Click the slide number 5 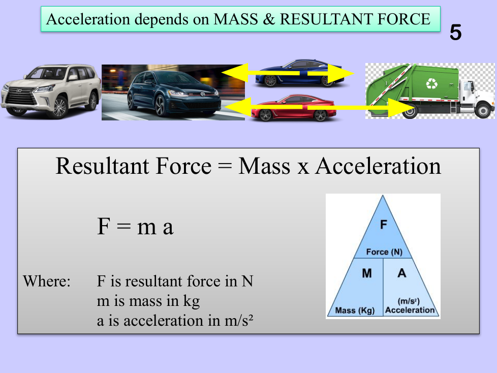(x=455, y=33)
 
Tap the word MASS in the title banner (x=236, y=19)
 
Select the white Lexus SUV (x=51, y=91)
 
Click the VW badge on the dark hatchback (x=203, y=94)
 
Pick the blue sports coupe (x=299, y=73)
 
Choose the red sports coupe (x=293, y=108)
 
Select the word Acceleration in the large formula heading (x=378, y=166)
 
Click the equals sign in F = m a (x=123, y=227)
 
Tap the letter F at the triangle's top (x=384, y=225)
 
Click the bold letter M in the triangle (x=367, y=273)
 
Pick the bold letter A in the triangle (x=402, y=273)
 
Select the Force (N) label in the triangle (x=384, y=252)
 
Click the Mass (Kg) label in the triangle (x=355, y=310)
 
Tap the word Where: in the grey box (x=47, y=281)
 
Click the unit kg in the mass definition (x=192, y=301)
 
